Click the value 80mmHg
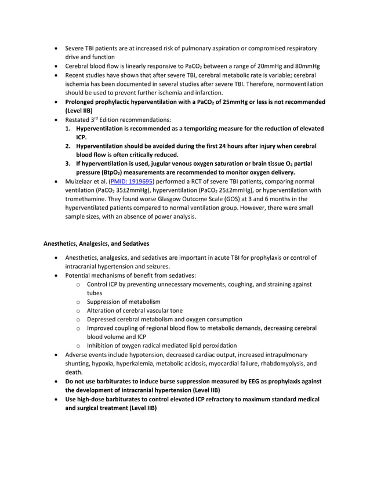[307, 66]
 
